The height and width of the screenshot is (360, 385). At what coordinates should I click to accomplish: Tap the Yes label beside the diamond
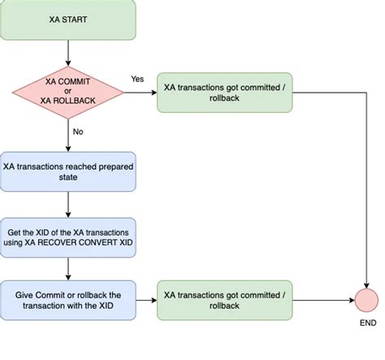138,78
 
